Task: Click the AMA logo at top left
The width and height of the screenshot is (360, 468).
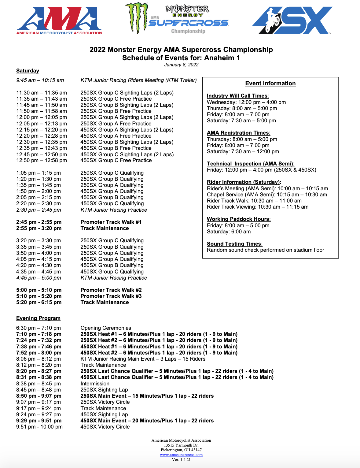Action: [x=59, y=21]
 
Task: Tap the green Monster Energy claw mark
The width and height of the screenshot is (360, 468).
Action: [x=137, y=18]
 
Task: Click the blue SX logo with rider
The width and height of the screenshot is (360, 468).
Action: [x=292, y=20]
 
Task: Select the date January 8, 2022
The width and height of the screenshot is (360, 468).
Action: [x=181, y=65]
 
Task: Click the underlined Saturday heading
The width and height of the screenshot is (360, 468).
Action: [x=28, y=71]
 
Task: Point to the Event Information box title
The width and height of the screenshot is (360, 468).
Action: [x=270, y=84]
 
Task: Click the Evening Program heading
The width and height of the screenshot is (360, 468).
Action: [x=38, y=318]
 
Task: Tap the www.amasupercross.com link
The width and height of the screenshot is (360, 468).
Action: [x=181, y=455]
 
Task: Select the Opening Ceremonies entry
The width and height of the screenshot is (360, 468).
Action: [x=106, y=328]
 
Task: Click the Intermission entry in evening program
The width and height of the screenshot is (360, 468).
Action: [x=95, y=384]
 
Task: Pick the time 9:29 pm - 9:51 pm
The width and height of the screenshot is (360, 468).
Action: [x=39, y=421]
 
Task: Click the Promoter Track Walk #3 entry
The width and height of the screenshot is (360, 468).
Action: [x=111, y=296]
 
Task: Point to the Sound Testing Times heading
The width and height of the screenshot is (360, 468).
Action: [x=234, y=244]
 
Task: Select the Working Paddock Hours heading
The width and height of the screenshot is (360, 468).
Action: [x=238, y=219]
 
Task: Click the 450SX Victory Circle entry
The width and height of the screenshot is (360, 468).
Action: [x=105, y=427]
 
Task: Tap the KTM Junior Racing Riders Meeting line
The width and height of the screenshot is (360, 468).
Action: [x=138, y=80]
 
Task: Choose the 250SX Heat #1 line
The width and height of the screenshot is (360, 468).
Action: [x=159, y=334]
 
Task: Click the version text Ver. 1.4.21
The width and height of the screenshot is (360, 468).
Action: [x=181, y=459]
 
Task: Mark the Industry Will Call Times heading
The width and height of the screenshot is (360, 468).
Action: [x=237, y=96]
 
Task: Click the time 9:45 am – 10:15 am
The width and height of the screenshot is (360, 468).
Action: [x=40, y=80]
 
